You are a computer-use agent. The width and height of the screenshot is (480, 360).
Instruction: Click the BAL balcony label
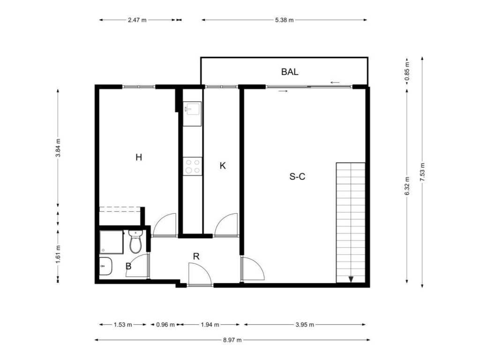[290, 72]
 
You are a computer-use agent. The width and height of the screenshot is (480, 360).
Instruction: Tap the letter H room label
[139, 157]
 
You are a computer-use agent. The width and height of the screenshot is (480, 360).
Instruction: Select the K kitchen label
[223, 165]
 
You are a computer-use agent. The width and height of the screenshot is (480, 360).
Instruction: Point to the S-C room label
[297, 177]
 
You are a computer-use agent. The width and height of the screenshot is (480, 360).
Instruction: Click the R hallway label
[196, 256]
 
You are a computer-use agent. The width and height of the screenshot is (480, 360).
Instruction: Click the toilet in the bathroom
[135, 241]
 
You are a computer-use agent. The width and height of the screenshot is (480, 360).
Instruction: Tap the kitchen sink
[192, 109]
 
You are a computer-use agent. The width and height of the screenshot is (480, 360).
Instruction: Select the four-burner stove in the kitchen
[193, 166]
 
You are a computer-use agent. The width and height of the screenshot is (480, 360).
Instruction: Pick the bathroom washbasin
[105, 266]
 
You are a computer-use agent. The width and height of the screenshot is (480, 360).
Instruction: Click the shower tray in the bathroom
[112, 242]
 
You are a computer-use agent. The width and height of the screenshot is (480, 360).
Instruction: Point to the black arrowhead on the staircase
[351, 279]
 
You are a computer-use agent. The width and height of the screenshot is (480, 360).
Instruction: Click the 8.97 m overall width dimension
[232, 340]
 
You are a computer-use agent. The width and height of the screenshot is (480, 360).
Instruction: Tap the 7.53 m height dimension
[422, 172]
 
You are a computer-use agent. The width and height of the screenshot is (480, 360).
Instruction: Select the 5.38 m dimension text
[285, 20]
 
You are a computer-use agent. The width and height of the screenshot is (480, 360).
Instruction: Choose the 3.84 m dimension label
[58, 148]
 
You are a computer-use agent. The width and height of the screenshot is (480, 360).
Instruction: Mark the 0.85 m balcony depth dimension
[407, 72]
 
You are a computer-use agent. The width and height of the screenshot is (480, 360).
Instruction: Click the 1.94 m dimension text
[210, 324]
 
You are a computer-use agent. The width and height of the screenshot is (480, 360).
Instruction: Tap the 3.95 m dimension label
[305, 324]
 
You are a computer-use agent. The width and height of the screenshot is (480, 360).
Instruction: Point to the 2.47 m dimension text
[137, 20]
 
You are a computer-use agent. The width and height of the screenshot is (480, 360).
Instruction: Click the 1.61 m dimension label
[58, 254]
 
